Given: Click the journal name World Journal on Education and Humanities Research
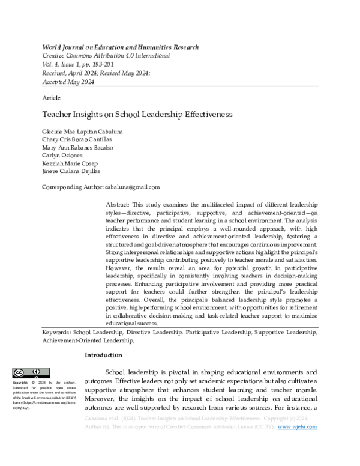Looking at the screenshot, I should [x=120, y=47].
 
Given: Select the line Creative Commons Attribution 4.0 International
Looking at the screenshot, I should [x=106, y=56].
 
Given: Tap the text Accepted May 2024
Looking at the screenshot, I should [x=68, y=81].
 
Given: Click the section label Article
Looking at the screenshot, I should [x=51, y=97].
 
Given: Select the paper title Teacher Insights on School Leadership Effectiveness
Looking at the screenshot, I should [x=137, y=113].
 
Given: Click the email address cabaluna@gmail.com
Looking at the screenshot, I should [x=132, y=187].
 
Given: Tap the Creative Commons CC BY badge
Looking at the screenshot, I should [x=31, y=373].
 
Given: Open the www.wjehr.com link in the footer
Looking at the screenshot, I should [x=298, y=427].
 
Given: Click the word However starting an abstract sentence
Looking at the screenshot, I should [x=120, y=262].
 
